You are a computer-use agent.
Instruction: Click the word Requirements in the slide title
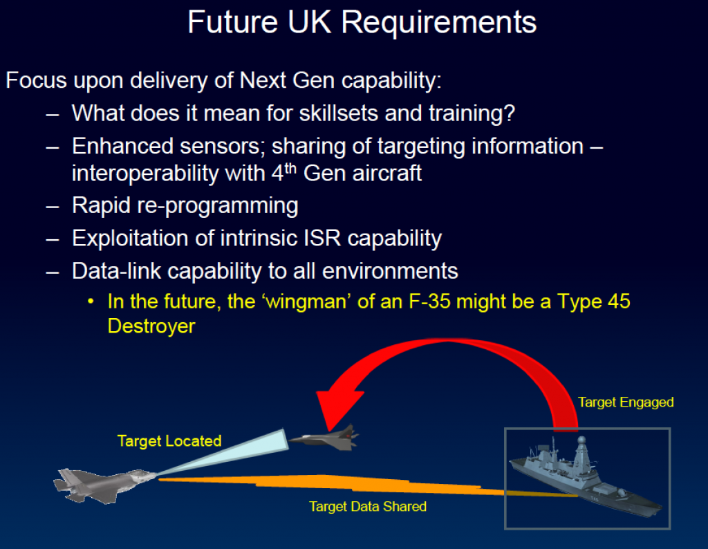point(439,23)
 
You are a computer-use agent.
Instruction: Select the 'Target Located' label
point(169,441)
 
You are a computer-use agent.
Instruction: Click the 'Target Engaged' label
point(626,402)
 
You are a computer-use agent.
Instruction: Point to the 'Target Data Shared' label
point(368,507)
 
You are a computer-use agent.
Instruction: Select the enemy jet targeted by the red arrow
point(324,437)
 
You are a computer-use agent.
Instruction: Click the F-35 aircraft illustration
point(105,485)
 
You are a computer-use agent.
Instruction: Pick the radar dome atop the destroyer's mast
point(582,440)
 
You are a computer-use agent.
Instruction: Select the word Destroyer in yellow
point(151,326)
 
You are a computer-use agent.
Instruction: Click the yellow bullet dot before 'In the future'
point(91,301)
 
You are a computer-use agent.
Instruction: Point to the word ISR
point(322,238)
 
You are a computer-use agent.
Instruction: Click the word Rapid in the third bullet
point(101,206)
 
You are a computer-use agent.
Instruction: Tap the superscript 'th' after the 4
point(290,169)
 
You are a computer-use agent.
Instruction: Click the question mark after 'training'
point(510,113)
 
